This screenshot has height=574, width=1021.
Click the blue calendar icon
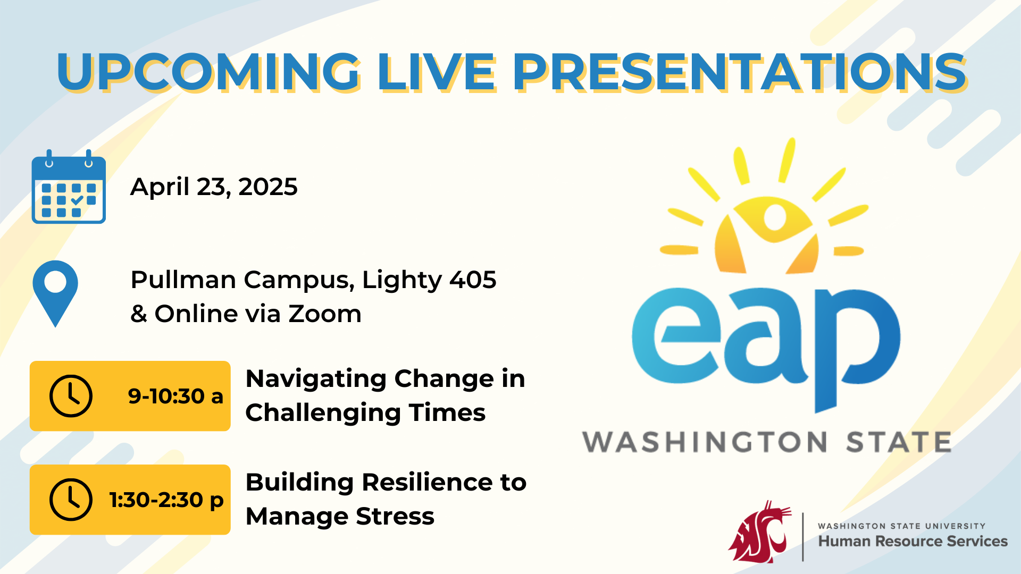[x=69, y=188]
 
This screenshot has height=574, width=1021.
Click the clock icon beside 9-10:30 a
[x=71, y=396]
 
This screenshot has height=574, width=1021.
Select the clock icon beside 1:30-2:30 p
[x=71, y=500]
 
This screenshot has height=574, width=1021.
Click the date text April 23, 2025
[x=214, y=187]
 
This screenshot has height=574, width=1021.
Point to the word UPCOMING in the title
[x=208, y=72]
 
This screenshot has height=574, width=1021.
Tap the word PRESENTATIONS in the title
[x=739, y=72]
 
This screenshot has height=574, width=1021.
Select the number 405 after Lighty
[x=473, y=280]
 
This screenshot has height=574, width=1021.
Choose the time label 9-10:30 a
[x=175, y=396]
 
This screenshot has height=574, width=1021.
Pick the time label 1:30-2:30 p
[x=166, y=500]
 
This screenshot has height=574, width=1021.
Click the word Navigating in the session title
[x=316, y=379]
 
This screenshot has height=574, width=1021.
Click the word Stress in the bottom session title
[x=395, y=517]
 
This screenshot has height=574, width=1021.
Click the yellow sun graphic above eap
[x=766, y=223]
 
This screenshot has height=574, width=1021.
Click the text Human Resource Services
[x=913, y=542]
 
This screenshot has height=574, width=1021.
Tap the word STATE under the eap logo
[x=898, y=442]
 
